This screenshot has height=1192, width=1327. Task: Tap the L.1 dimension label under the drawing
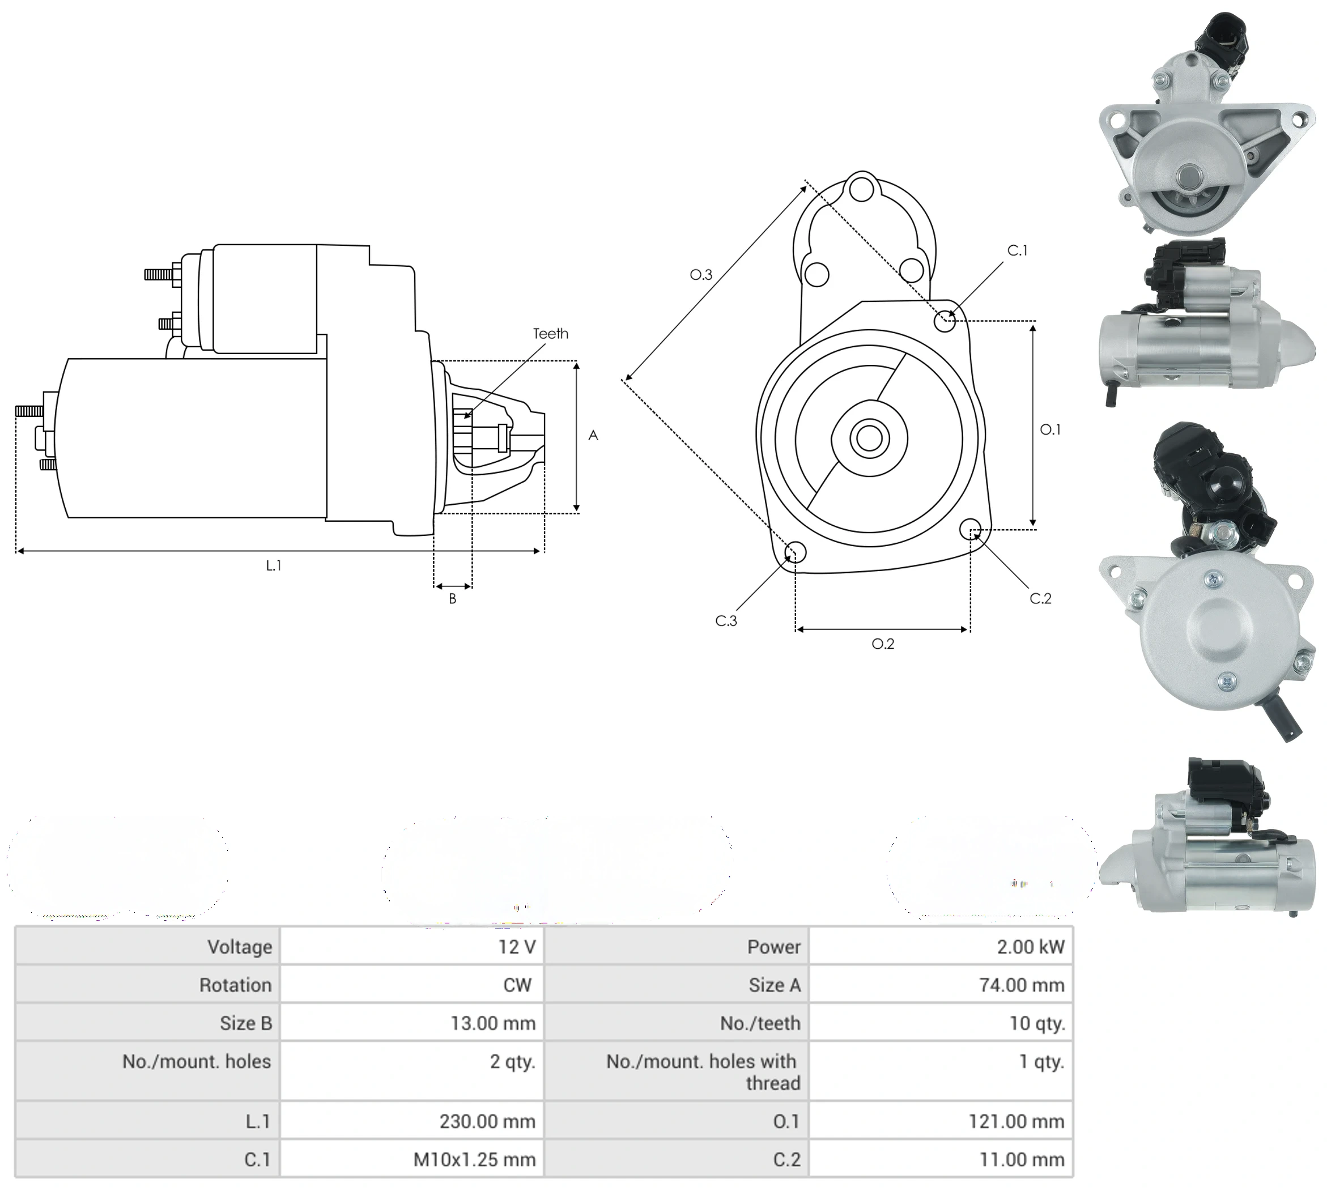[x=274, y=565]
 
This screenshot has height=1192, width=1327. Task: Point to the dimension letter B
[x=452, y=599]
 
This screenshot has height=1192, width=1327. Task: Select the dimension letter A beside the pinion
[x=593, y=435]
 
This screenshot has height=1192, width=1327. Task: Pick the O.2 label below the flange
[x=883, y=644]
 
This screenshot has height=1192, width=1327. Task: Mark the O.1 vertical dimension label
[x=1050, y=429]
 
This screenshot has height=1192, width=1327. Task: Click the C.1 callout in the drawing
[x=1017, y=250]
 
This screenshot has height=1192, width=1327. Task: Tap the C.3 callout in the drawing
[x=726, y=621]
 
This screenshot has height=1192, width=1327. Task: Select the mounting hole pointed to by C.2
[x=971, y=529]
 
